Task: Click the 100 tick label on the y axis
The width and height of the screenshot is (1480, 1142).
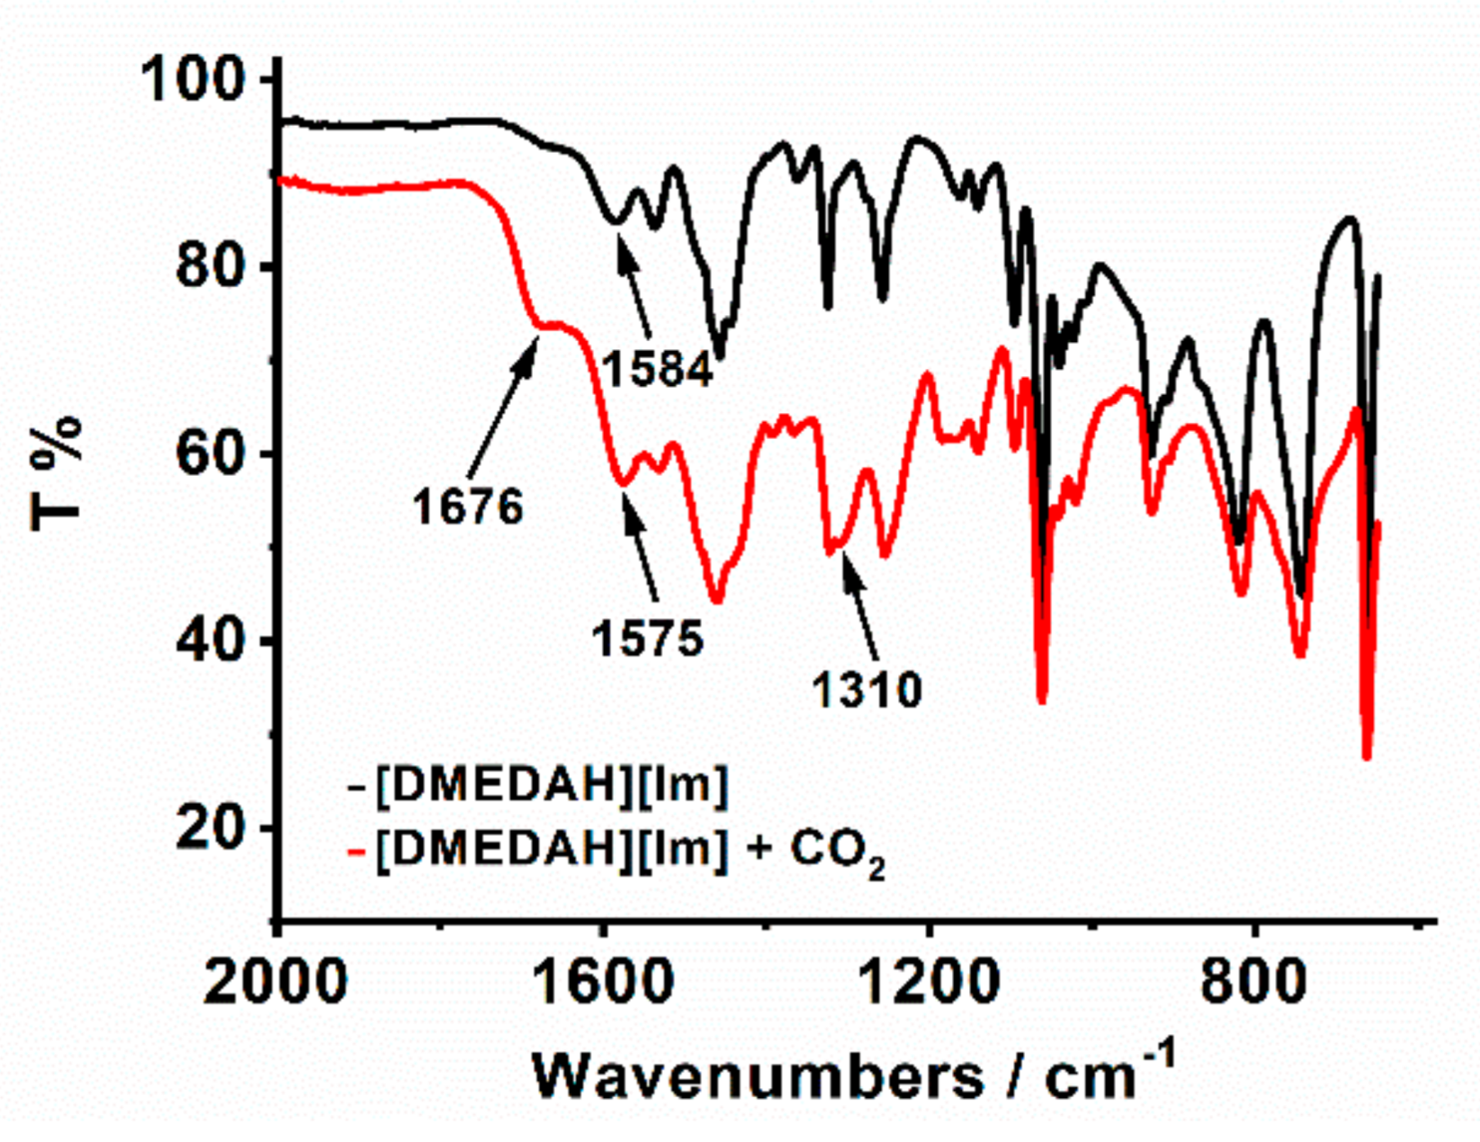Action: pyautogui.click(x=193, y=79)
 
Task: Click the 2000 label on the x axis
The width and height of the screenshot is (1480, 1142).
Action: pyautogui.click(x=275, y=982)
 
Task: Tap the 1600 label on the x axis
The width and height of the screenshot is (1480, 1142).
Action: pyautogui.click(x=603, y=982)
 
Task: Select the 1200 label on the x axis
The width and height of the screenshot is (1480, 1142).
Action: pyautogui.click(x=928, y=982)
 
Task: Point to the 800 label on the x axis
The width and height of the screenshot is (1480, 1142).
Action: pyautogui.click(x=1253, y=982)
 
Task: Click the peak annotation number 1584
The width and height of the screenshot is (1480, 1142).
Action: pyautogui.click(x=658, y=370)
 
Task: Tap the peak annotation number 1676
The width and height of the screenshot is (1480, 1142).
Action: pyautogui.click(x=468, y=508)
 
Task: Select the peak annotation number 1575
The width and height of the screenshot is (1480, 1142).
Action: pyautogui.click(x=648, y=638)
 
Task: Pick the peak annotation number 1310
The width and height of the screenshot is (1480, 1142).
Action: pyautogui.click(x=866, y=690)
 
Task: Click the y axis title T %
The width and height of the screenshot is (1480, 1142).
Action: pyautogui.click(x=57, y=472)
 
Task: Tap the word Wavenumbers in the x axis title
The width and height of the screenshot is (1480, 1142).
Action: pyautogui.click(x=758, y=1078)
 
